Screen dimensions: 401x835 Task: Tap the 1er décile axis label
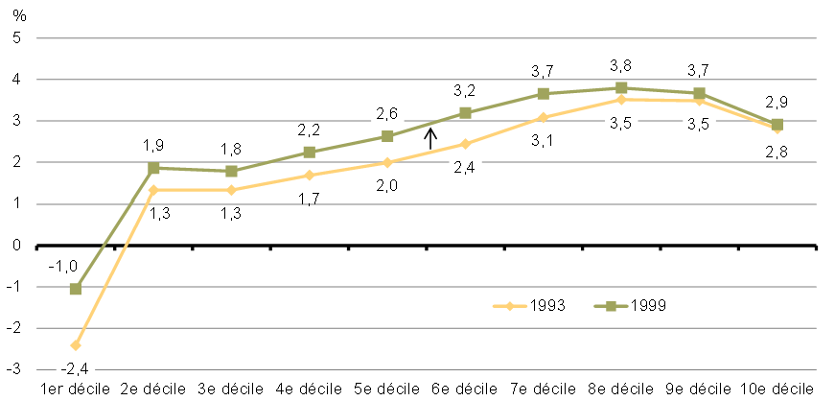[75, 389]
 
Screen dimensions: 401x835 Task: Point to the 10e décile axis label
[777, 389]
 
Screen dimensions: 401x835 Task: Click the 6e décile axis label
[465, 389]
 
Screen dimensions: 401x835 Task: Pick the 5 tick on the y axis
[16, 38]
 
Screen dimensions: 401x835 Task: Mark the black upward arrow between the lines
[431, 140]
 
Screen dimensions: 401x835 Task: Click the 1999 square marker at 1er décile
[76, 288]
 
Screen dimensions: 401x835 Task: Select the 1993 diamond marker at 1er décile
[76, 344]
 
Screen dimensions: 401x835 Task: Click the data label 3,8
[621, 67]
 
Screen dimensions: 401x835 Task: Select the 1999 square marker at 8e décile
[621, 88]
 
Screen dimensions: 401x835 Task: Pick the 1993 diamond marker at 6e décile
[465, 144]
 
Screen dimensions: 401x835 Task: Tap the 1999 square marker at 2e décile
[153, 167]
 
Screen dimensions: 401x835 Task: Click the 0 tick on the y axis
[16, 246]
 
